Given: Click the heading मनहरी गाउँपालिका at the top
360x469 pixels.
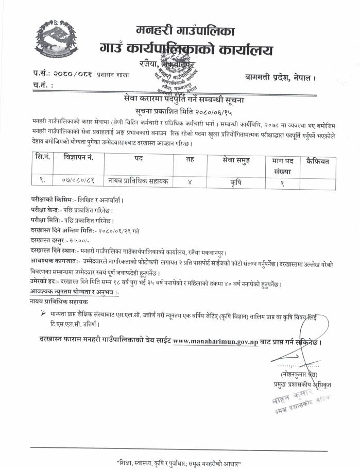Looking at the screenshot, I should pyautogui.click(x=185, y=30).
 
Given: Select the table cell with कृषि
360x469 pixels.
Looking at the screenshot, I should pyautogui.click(x=230, y=180).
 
